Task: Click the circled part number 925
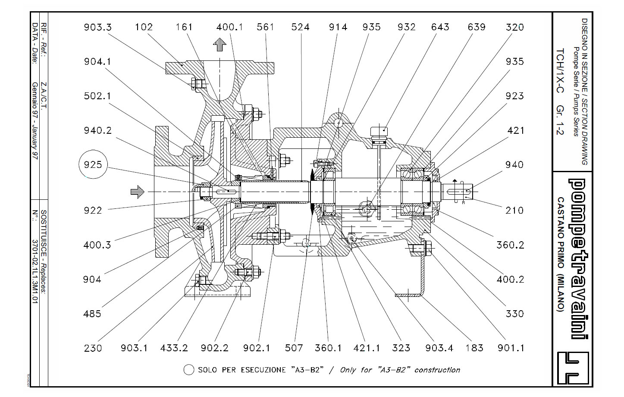93,164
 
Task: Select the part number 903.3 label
98,27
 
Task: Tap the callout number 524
300,27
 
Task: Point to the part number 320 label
515,27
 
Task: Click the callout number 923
515,96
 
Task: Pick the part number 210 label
515,210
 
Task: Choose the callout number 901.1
511,348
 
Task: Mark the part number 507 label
294,348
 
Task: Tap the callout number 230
93,348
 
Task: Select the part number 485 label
92,314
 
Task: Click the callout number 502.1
97,96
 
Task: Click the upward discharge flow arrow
220,44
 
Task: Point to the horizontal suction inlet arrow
138,192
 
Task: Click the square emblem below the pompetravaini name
573,368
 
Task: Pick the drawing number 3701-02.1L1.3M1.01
35,271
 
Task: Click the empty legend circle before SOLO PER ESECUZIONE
188,370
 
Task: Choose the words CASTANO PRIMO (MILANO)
560,254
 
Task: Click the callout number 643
440,27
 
